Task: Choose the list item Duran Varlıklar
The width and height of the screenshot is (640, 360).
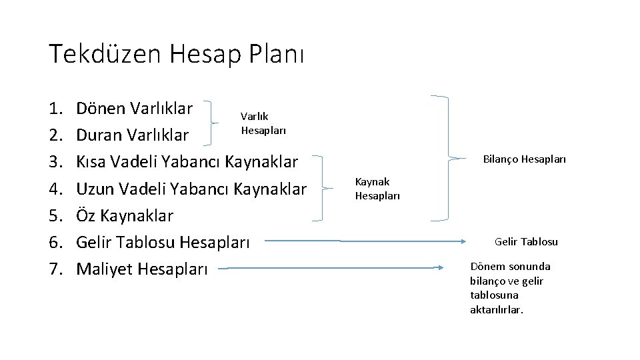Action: pyautogui.click(x=133, y=135)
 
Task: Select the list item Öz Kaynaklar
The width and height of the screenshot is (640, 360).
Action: pyautogui.click(x=125, y=216)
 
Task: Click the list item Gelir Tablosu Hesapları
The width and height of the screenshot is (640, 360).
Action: pyautogui.click(x=163, y=243)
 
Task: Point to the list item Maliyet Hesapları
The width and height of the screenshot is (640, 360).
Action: pyautogui.click(x=142, y=269)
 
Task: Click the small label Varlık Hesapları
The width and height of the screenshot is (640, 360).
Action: pyautogui.click(x=263, y=124)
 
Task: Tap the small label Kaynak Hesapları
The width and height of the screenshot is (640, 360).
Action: pyautogui.click(x=377, y=188)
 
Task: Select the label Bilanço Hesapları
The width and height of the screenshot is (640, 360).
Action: pyautogui.click(x=524, y=159)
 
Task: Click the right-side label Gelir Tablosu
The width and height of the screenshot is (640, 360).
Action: pyautogui.click(x=526, y=241)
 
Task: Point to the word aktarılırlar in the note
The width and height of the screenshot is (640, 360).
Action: pyautogui.click(x=497, y=310)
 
